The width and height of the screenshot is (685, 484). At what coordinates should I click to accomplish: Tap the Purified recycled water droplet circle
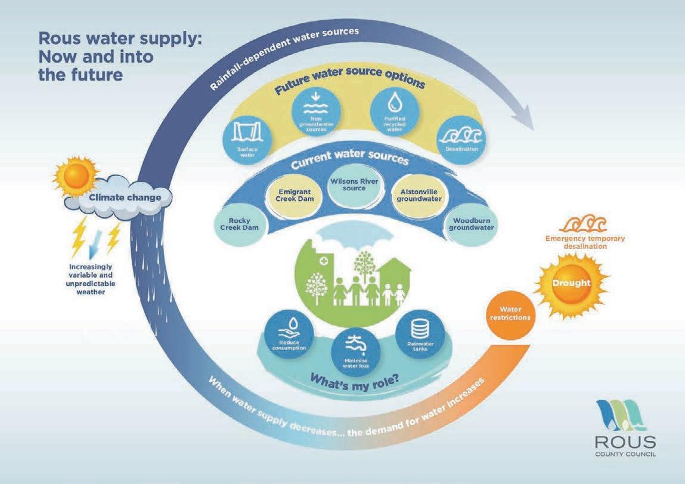tap(394, 113)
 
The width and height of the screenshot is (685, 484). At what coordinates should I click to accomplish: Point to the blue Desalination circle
tap(460, 138)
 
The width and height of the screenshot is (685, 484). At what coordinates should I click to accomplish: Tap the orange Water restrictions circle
tap(507, 313)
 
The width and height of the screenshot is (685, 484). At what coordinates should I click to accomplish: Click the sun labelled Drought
tap(572, 284)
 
